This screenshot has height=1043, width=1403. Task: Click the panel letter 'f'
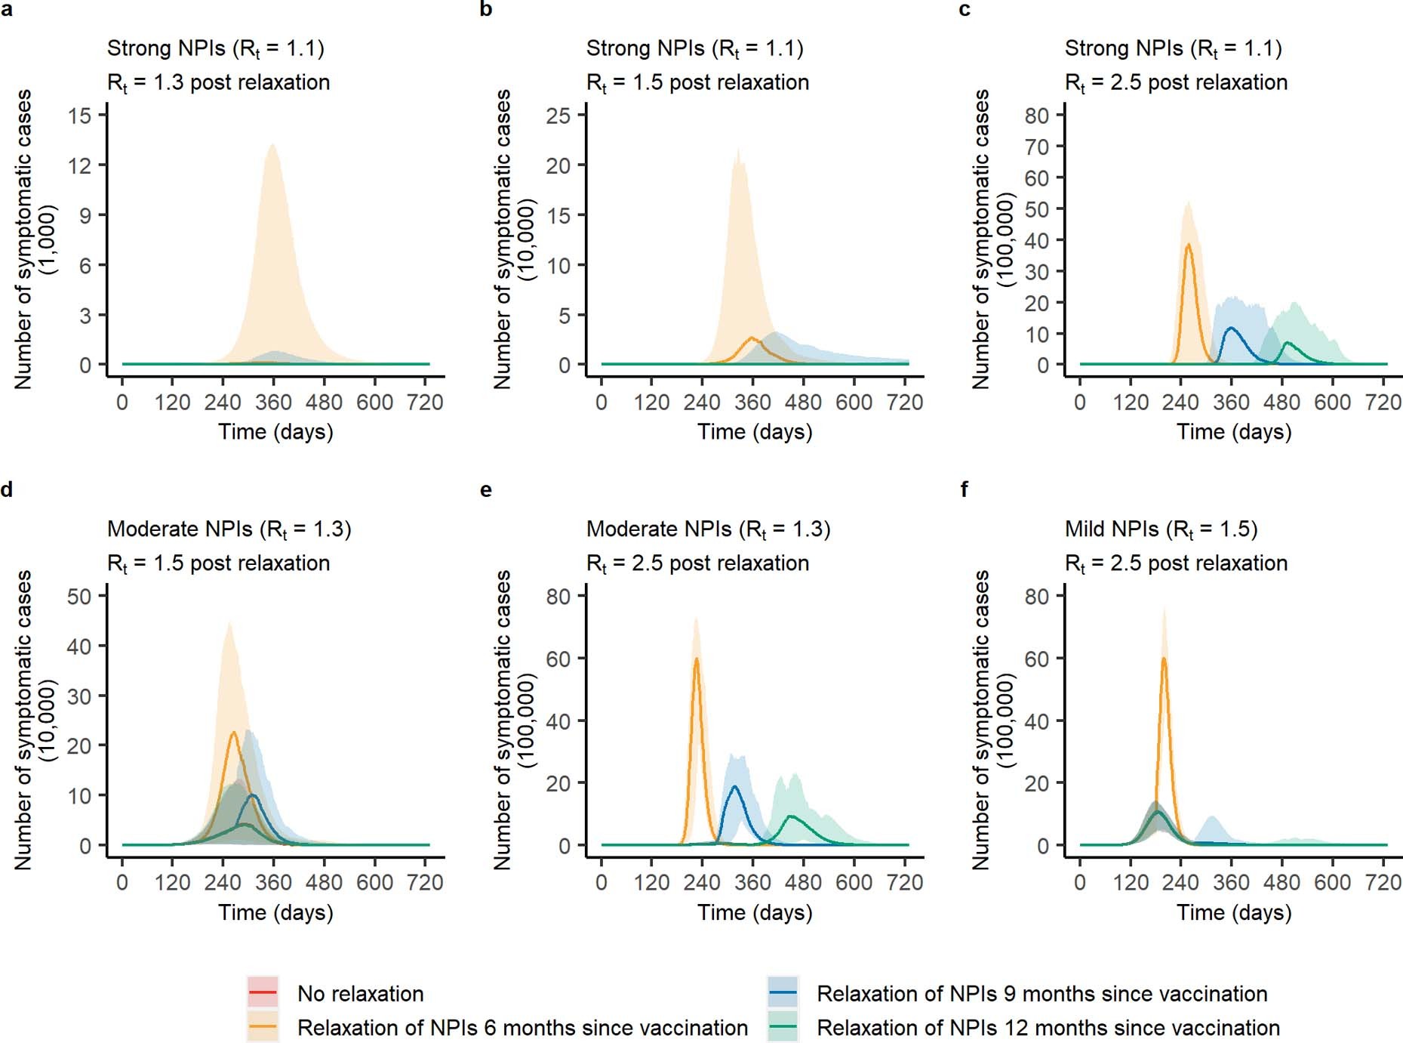point(965,489)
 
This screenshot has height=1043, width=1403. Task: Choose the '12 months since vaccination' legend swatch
point(783,1026)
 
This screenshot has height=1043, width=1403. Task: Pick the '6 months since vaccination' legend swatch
point(263,1026)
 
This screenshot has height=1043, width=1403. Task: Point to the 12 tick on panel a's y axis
point(80,165)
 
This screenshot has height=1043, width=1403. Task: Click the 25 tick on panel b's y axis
point(558,116)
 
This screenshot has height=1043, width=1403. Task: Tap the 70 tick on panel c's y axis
point(1037,147)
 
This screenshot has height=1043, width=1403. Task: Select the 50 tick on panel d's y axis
point(80,596)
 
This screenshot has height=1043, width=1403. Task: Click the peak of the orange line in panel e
point(696,659)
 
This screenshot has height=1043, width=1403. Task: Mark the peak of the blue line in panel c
point(1231,329)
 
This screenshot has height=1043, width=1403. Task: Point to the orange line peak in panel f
point(1164,659)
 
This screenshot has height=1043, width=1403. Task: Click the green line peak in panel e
point(791,816)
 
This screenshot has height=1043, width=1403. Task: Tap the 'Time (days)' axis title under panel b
point(755,431)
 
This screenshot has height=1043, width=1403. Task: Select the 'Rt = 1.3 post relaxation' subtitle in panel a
point(218,82)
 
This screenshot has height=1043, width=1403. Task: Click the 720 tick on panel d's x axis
point(425,882)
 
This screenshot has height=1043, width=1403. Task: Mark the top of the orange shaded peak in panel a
point(272,144)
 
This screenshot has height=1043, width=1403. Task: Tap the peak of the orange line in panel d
point(233,732)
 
